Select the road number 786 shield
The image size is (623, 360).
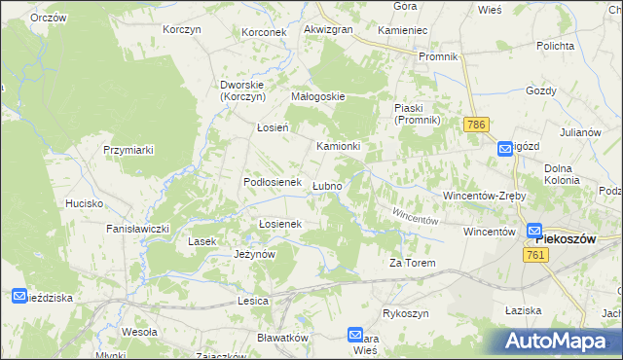coord(476,126)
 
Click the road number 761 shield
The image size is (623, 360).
coord(533,254)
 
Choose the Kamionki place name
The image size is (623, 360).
coord(339,146)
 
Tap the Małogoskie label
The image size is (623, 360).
coord(319,96)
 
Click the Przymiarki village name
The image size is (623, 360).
coord(129,150)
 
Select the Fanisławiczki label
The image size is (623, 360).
coord(138,229)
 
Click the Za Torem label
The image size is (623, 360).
coord(412,263)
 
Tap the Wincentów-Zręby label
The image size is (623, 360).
coord(484,196)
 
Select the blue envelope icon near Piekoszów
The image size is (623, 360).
coord(534,232)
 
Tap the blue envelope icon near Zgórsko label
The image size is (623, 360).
coord(505,148)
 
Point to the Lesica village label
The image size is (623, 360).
coord(252,302)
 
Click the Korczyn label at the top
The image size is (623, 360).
coord(182,30)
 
